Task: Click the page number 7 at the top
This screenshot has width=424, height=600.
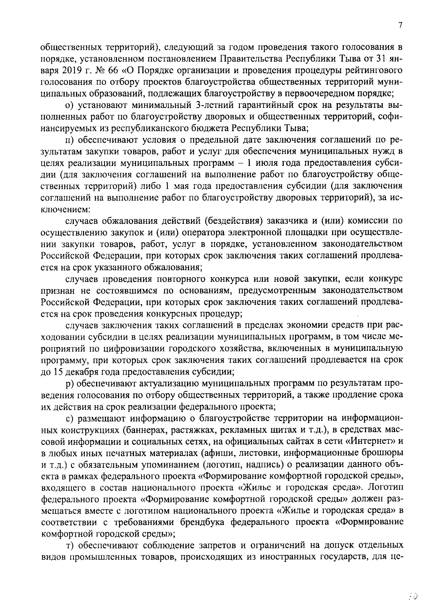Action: (400, 25)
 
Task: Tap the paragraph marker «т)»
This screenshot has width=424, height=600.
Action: (70, 546)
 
